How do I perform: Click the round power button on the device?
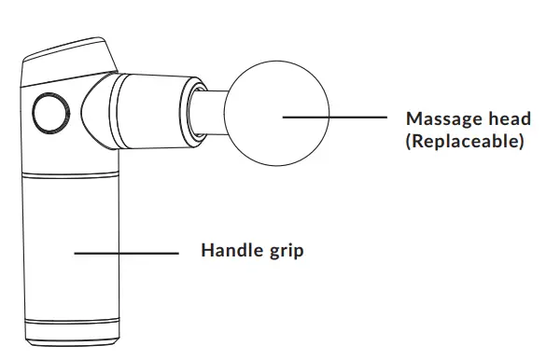(47, 114)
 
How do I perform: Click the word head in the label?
(508, 119)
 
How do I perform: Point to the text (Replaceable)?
(465, 143)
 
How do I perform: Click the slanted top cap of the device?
(70, 61)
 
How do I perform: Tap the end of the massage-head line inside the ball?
(284, 118)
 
